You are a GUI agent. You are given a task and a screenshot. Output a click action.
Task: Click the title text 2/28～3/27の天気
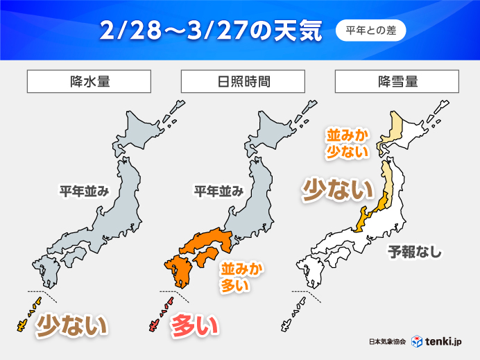click(211, 31)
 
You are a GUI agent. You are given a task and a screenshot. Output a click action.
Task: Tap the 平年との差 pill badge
click(370, 31)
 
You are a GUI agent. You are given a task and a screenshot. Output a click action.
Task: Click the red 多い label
click(195, 324)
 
